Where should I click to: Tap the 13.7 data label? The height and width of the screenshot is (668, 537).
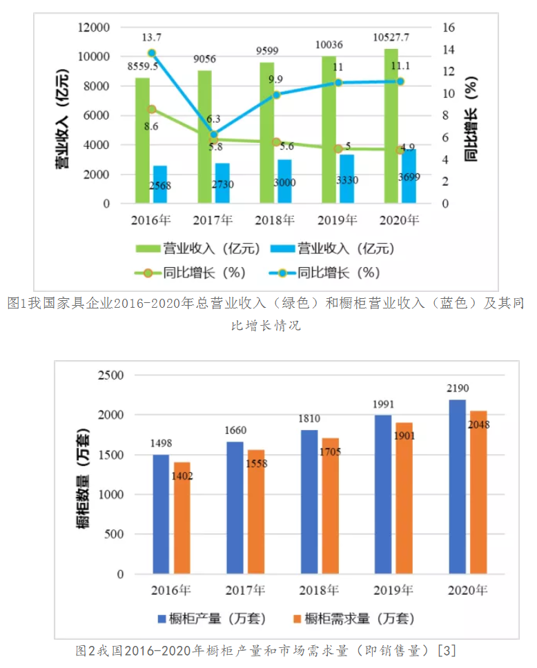152,37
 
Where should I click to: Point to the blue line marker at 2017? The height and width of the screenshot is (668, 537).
214,135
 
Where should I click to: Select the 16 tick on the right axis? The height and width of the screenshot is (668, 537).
450,28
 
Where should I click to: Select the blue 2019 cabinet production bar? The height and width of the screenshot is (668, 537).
383,494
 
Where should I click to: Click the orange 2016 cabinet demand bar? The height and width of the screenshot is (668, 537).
182,518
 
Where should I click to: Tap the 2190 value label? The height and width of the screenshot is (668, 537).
456,389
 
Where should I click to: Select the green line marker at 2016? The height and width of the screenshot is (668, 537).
152,109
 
